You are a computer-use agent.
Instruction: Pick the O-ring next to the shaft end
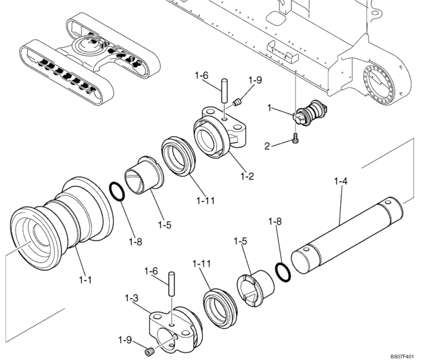[x=281, y=271]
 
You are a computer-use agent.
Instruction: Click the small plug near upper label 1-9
[x=238, y=101]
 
